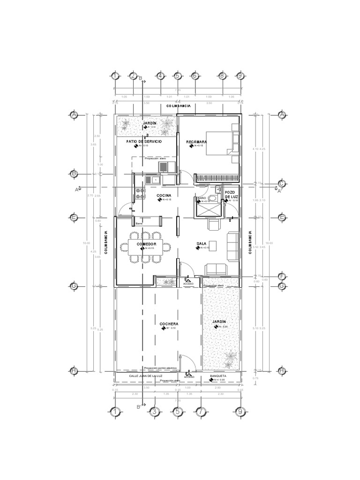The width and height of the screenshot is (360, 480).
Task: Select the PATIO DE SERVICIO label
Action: tap(144, 141)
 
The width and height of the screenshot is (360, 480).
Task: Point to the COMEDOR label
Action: tap(146, 245)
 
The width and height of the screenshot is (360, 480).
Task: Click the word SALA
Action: tap(202, 244)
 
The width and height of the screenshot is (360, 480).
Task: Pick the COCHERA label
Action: tap(169, 324)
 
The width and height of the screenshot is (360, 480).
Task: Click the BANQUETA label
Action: tap(218, 376)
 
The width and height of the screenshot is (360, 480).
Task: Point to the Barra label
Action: tap(139, 224)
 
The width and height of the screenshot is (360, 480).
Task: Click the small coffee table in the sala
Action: tap(212, 245)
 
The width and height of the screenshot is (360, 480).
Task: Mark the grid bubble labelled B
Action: tap(74, 173)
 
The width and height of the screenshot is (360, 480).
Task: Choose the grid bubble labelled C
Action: tap(282, 183)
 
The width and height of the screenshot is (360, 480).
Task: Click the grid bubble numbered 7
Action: tap(200, 412)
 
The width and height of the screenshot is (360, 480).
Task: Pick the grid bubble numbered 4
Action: tap(160, 76)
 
